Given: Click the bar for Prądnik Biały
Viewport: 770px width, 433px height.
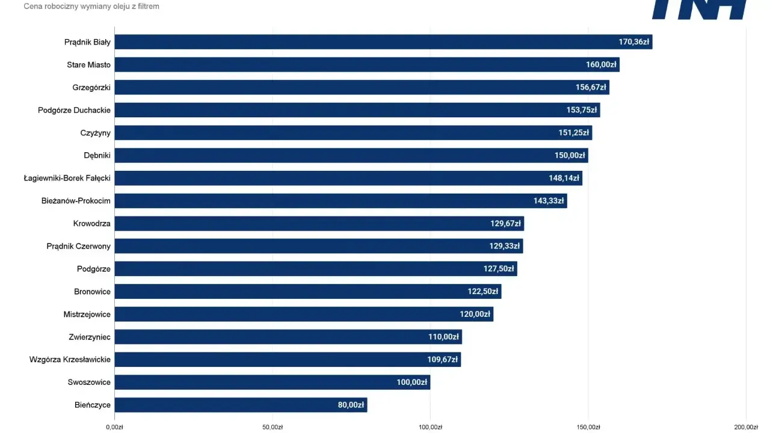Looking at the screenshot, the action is (x=384, y=42).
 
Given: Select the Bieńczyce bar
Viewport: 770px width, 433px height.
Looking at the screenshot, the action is (x=241, y=405).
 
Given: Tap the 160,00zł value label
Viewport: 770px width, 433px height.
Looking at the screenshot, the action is (x=601, y=64).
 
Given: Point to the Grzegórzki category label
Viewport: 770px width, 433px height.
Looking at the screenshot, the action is (x=91, y=88).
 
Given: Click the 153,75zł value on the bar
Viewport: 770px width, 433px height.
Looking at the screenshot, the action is (x=582, y=110).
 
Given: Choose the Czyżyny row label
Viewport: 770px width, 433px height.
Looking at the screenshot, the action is (x=95, y=133).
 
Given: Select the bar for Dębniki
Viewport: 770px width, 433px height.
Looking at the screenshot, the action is (x=351, y=155).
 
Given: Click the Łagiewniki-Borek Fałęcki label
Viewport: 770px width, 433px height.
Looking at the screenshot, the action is (x=67, y=179).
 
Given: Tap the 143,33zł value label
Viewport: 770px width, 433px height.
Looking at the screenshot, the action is (x=549, y=201).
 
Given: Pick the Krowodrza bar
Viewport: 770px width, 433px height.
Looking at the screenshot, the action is (x=319, y=223).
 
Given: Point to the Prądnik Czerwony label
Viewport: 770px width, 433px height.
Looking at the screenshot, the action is (x=78, y=247).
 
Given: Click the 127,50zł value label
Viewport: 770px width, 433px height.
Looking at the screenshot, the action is (x=499, y=269).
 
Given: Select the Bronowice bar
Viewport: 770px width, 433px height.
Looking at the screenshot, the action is (x=308, y=292).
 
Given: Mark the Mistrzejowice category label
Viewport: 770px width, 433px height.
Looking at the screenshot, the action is (x=87, y=315).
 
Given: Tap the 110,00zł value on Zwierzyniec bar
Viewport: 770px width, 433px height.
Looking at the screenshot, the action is (x=443, y=337).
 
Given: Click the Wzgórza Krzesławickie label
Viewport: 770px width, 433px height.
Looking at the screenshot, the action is (x=70, y=360).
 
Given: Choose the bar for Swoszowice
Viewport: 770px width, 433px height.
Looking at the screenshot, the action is (x=273, y=382).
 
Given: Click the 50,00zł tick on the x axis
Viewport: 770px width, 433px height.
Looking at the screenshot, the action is (x=273, y=427).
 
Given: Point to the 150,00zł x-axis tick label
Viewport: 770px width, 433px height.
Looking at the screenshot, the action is (x=588, y=427).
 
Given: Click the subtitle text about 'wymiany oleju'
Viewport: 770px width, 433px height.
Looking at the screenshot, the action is (x=91, y=6).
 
